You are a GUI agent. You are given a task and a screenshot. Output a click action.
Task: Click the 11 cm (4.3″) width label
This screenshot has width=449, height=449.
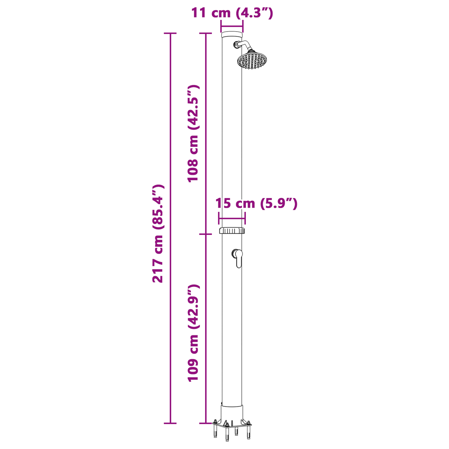pos(232,13)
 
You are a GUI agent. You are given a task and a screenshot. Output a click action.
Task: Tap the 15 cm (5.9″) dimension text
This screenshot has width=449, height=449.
pos(256,204)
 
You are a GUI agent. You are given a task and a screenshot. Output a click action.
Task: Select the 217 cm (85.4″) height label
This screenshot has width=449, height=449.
pos(158,233)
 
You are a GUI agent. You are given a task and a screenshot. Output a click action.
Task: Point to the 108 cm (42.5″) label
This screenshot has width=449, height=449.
pos(193,133)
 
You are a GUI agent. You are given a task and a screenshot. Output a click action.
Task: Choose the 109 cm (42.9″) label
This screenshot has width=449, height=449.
pos(193,333)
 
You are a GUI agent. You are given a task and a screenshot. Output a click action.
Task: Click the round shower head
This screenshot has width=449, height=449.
pos(252,60)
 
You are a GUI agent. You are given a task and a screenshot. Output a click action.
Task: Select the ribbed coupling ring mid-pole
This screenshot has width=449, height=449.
pos(232,230)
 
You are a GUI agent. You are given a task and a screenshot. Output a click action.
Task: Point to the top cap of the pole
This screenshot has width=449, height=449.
pos(232,34)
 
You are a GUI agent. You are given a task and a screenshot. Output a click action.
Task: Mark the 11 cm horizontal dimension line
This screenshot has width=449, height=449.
pos(232,26)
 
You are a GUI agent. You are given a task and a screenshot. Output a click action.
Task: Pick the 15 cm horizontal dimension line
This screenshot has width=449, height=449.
pos(232,218)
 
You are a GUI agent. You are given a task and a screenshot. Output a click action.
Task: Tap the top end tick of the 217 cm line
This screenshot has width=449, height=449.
pos(170,33)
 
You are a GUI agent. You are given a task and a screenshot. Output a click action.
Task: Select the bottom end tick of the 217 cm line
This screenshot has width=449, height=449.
pos(170,423)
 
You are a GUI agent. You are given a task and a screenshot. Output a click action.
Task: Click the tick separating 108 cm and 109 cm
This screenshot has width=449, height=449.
pos(205,234)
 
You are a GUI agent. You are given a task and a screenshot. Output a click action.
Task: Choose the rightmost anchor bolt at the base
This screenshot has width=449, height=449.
pos(248,430)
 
